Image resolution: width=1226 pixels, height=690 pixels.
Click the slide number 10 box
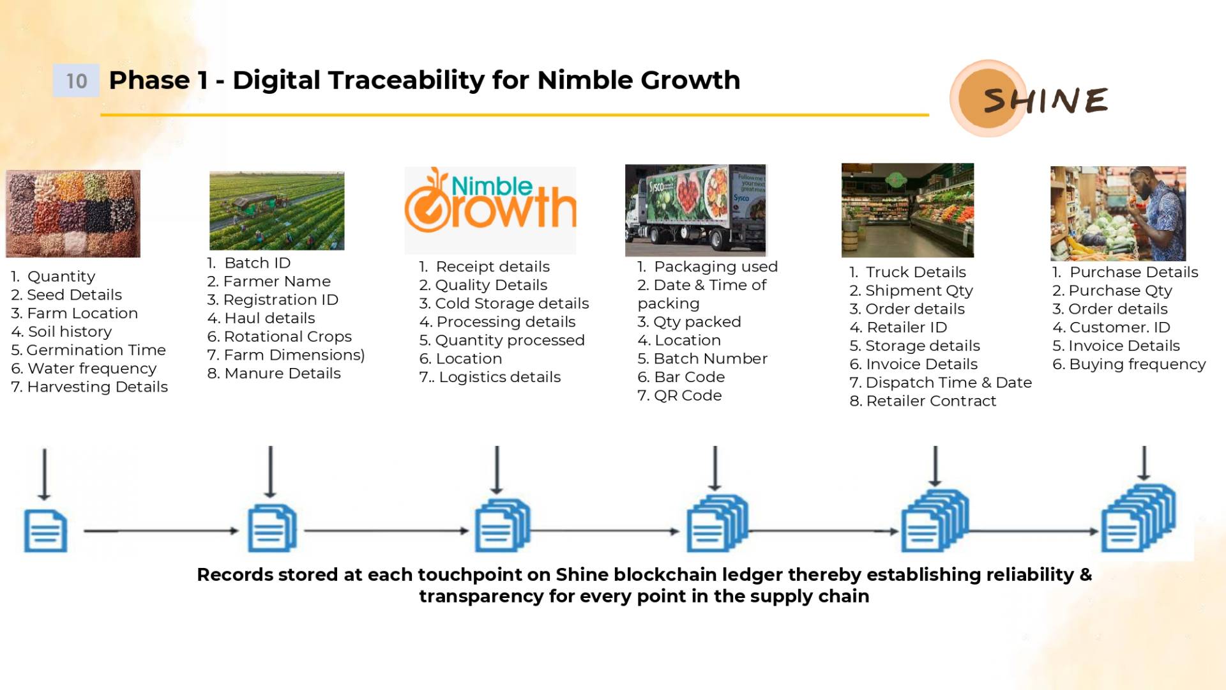(x=76, y=80)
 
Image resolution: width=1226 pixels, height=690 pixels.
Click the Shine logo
(x=1029, y=98)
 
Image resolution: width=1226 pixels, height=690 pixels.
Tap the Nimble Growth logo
(x=490, y=201)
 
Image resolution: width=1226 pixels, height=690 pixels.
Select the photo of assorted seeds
(x=73, y=213)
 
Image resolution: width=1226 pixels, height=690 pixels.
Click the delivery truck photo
(x=695, y=210)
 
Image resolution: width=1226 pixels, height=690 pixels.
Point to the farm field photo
(x=276, y=211)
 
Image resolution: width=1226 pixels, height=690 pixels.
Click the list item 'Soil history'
(x=61, y=332)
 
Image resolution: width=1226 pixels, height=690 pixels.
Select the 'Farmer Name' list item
(x=269, y=281)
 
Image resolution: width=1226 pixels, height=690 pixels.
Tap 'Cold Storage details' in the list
(x=504, y=303)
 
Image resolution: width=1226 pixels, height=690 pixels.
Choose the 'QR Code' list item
(x=679, y=395)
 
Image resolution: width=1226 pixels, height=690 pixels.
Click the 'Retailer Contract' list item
(x=923, y=401)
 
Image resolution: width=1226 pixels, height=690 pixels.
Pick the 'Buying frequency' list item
(x=1129, y=364)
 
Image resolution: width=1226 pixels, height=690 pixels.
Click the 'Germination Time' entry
(x=88, y=350)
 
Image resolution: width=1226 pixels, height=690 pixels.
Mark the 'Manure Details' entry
(x=274, y=373)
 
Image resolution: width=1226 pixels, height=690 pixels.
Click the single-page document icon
(x=45, y=531)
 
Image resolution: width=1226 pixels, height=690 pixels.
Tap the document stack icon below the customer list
(x=1139, y=518)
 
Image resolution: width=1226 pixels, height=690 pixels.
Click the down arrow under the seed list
(x=44, y=474)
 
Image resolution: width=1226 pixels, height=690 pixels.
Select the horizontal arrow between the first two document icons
(x=161, y=531)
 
